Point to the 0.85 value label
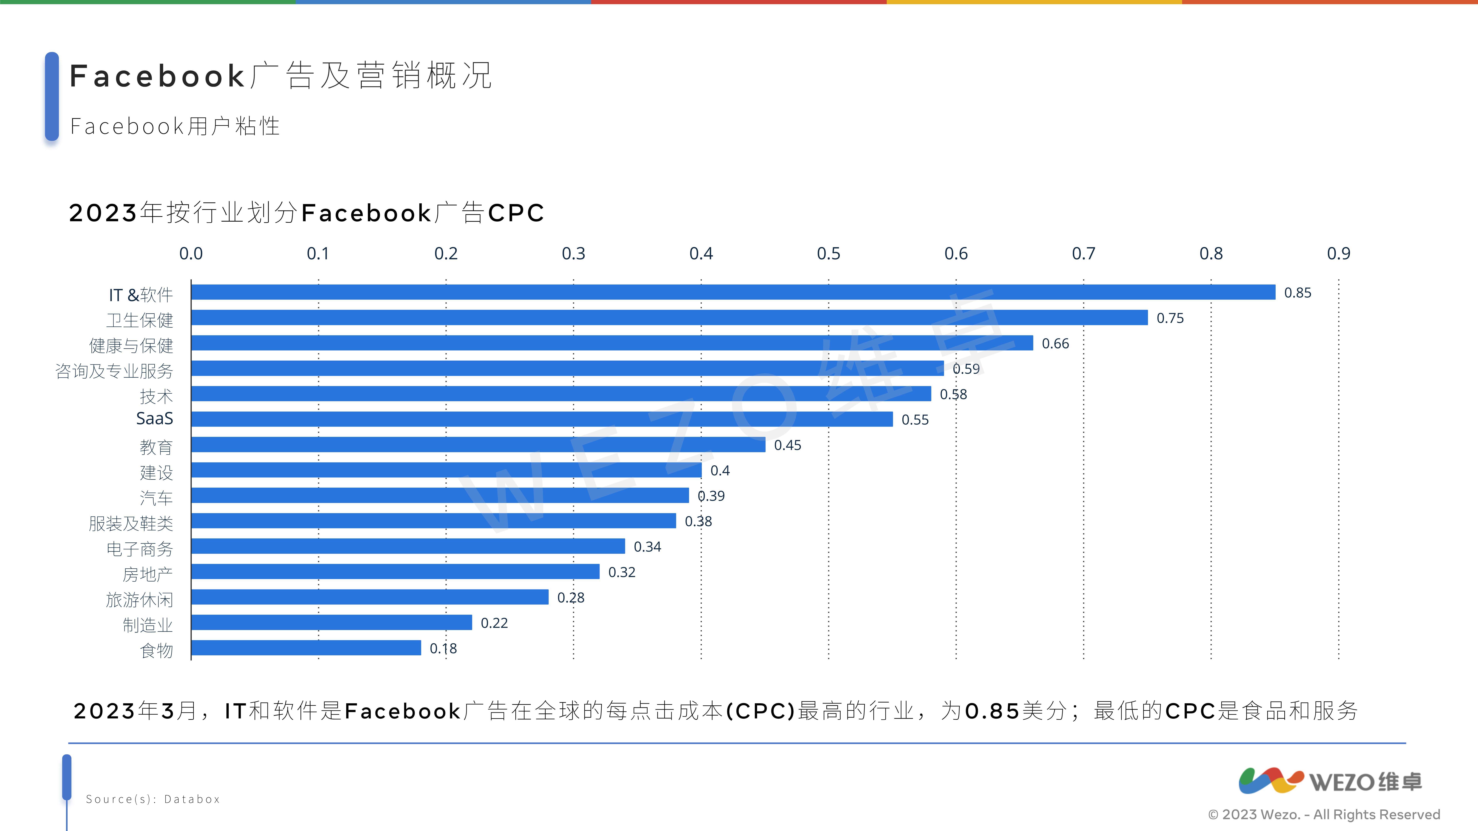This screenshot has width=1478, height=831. [1297, 293]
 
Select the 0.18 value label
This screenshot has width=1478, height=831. [443, 649]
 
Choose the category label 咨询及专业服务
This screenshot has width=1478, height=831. [114, 371]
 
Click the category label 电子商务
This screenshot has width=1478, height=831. [139, 549]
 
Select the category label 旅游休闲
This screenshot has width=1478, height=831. [139, 600]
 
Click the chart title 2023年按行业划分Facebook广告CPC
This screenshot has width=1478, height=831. [306, 213]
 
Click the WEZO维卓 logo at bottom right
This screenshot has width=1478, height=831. [1330, 781]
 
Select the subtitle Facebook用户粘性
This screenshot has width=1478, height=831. [175, 126]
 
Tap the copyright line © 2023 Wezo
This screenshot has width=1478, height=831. [1324, 814]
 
